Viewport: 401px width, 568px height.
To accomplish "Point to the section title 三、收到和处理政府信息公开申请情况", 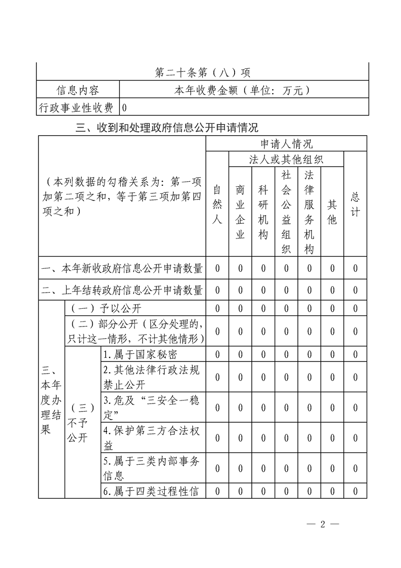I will (167, 128).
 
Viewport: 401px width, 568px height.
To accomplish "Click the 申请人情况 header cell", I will (286, 144).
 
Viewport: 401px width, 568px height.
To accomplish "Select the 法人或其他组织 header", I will (286, 159).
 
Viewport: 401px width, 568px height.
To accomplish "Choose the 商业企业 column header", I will (240, 212).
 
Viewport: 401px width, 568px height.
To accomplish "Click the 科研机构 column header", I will (263, 212).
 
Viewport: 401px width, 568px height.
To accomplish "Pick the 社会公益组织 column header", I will (286, 212).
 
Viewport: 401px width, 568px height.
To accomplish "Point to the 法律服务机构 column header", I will (309, 212).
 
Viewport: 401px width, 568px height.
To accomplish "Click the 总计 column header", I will (355, 205).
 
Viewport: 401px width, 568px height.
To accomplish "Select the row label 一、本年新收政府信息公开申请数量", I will (122, 268).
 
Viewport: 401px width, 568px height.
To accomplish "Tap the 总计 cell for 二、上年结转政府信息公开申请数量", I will (355, 290).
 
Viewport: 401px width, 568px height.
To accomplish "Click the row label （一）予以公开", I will (106, 308).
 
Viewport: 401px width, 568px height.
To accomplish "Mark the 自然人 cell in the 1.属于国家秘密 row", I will (217, 354).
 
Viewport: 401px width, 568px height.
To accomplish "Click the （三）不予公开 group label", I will (82, 423).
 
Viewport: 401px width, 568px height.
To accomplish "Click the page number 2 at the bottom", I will (323, 524).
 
